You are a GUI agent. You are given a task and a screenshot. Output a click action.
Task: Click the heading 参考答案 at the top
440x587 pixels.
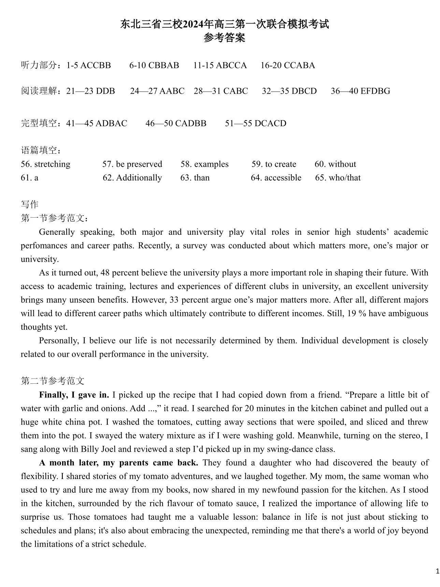pyautogui.click(x=224, y=38)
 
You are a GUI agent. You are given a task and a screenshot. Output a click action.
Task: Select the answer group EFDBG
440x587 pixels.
pyautogui.click(x=375, y=91)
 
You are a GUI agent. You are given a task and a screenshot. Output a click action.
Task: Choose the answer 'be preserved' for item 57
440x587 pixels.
pyautogui.click(x=139, y=164)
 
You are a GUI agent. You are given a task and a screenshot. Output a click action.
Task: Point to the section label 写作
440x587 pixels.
pyautogui.click(x=30, y=204)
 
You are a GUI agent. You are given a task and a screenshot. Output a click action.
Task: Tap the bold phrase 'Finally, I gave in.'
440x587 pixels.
pyautogui.click(x=74, y=395)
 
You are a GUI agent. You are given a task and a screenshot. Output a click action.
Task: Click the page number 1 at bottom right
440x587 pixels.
pyautogui.click(x=438, y=571)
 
